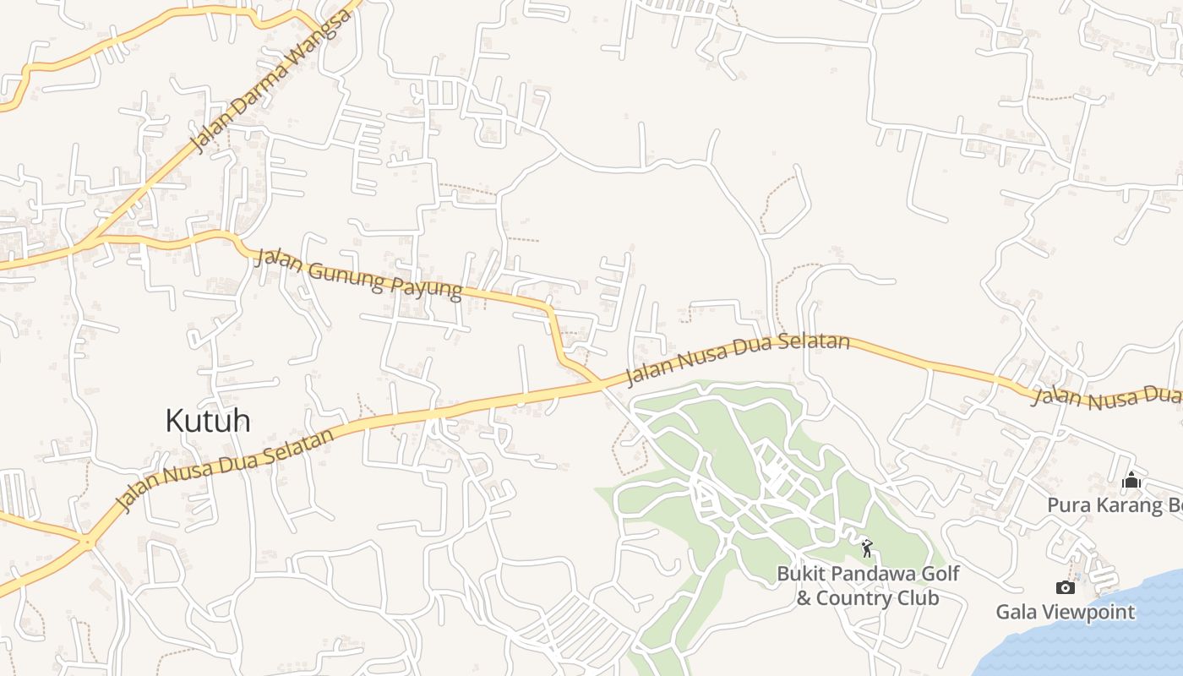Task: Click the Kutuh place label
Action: coord(208,420)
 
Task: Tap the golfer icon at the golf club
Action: coord(867,548)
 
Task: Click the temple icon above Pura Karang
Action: coord(1131,481)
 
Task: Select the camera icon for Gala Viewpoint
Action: coord(1066,587)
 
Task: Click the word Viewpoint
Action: coord(1089,612)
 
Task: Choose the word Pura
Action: coord(1069,505)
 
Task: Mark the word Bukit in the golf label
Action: coord(800,574)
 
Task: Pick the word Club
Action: coord(919,598)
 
